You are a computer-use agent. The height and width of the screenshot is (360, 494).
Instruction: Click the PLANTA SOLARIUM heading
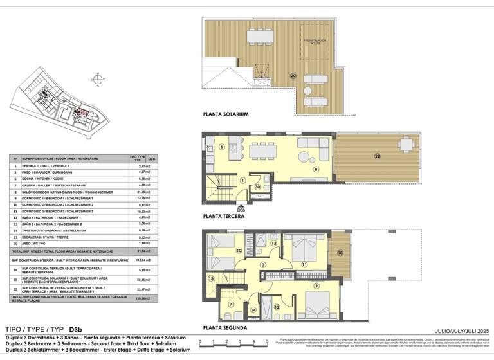[x=225, y=114]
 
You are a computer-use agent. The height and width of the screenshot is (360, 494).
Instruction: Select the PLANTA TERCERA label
[x=223, y=217]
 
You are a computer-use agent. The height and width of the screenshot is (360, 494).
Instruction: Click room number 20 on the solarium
[x=293, y=76]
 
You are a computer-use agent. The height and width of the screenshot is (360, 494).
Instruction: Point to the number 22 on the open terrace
[x=378, y=156]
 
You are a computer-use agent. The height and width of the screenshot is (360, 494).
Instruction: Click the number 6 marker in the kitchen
[x=221, y=147]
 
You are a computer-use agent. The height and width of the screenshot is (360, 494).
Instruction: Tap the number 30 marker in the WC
[x=257, y=187]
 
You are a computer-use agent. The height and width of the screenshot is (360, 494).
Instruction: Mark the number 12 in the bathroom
[x=277, y=307]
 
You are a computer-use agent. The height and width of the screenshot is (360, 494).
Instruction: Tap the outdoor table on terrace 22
[x=406, y=144]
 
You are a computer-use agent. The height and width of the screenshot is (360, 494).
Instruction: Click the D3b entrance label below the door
[x=241, y=210]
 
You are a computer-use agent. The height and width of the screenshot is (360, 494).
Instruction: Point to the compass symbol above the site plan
[x=96, y=79]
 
